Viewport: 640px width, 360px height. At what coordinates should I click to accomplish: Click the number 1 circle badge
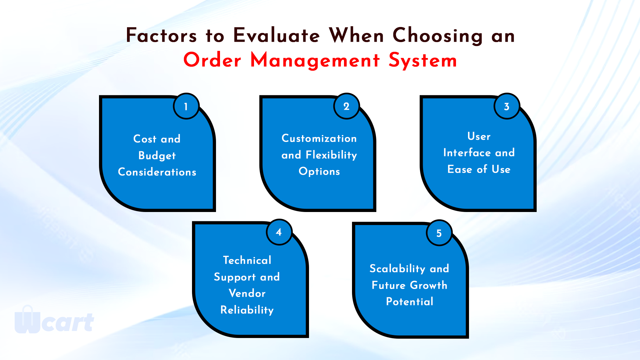186,106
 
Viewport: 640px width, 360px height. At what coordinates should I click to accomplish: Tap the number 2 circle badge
346,106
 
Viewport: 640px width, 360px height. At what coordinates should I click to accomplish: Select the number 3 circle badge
507,106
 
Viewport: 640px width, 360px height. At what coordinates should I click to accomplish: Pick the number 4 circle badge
279,232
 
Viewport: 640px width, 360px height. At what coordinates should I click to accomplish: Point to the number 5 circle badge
439,233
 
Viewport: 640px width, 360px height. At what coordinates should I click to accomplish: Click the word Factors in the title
161,35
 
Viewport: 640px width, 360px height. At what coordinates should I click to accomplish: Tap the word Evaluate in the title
276,35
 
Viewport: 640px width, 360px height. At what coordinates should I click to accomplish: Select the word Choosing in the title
438,36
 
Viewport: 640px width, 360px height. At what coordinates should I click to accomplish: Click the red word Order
212,60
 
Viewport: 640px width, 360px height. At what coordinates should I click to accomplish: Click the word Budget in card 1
157,156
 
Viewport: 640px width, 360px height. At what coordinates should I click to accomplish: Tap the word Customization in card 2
319,138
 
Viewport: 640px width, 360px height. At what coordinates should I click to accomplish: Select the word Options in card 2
319,172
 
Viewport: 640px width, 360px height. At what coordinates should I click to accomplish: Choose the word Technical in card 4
247,260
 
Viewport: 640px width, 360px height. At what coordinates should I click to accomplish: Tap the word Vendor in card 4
247,293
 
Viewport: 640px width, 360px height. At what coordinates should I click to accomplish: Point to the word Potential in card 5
410,302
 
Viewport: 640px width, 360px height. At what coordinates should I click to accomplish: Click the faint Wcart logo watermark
54,320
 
